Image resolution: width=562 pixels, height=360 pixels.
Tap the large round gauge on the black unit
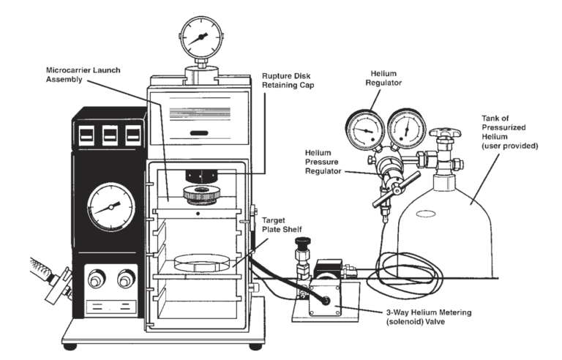(108, 206)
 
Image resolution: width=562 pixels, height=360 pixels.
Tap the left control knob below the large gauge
(94, 278)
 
